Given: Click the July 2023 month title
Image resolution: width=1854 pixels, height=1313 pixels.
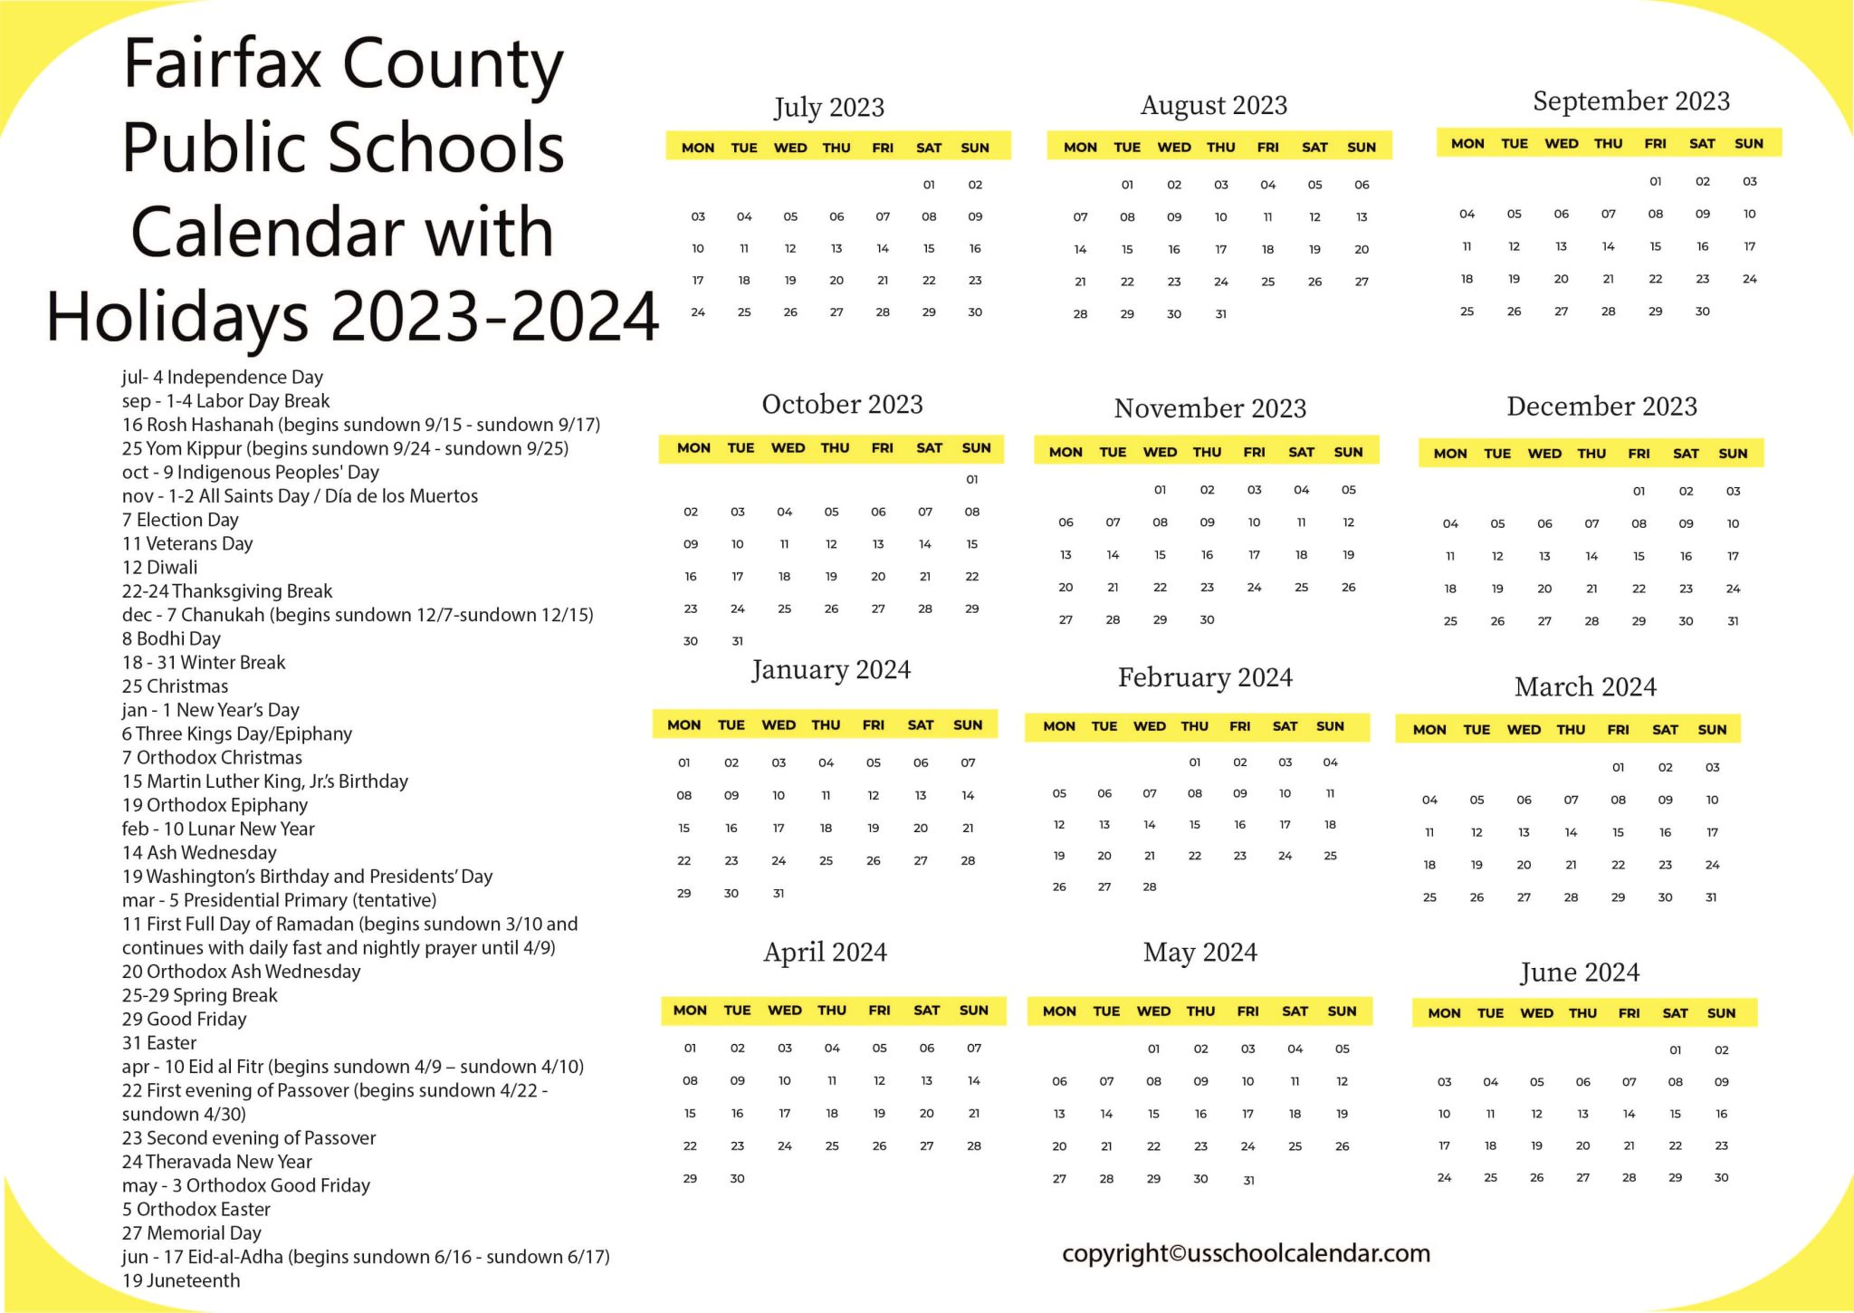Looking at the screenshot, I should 828,108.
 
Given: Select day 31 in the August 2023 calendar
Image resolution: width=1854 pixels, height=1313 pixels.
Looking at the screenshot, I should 1220,314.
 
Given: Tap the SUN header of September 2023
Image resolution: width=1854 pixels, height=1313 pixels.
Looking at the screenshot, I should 1748,144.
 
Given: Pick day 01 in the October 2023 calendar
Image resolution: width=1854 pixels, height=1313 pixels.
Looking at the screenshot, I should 971,480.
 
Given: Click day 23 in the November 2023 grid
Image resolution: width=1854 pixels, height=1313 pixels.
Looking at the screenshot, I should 1207,588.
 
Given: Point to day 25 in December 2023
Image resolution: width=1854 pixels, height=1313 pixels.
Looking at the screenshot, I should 1450,621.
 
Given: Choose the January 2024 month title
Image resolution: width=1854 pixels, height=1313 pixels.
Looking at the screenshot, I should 830,670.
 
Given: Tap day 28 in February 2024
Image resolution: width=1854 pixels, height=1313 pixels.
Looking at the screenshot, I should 1149,887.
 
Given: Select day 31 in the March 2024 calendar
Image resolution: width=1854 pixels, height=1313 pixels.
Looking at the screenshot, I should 1710,897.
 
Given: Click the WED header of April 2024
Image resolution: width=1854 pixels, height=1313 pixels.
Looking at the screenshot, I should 784,1011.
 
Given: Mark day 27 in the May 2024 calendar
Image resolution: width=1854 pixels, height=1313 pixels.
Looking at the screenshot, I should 1059,1179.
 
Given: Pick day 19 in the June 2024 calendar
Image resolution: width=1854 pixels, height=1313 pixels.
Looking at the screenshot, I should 1536,1146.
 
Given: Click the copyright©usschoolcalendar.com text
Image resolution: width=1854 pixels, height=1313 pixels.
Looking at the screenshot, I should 1246,1254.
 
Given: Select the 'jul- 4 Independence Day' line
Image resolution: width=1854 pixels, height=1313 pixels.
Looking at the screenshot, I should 222,378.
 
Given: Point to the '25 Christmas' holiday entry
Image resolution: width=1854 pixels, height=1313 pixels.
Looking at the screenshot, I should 175,686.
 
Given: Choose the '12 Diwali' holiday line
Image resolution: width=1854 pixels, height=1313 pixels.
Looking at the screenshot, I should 159,568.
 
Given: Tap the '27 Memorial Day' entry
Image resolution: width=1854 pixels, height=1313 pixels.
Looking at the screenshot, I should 191,1233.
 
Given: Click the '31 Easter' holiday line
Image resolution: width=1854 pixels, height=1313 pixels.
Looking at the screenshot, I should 158,1043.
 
